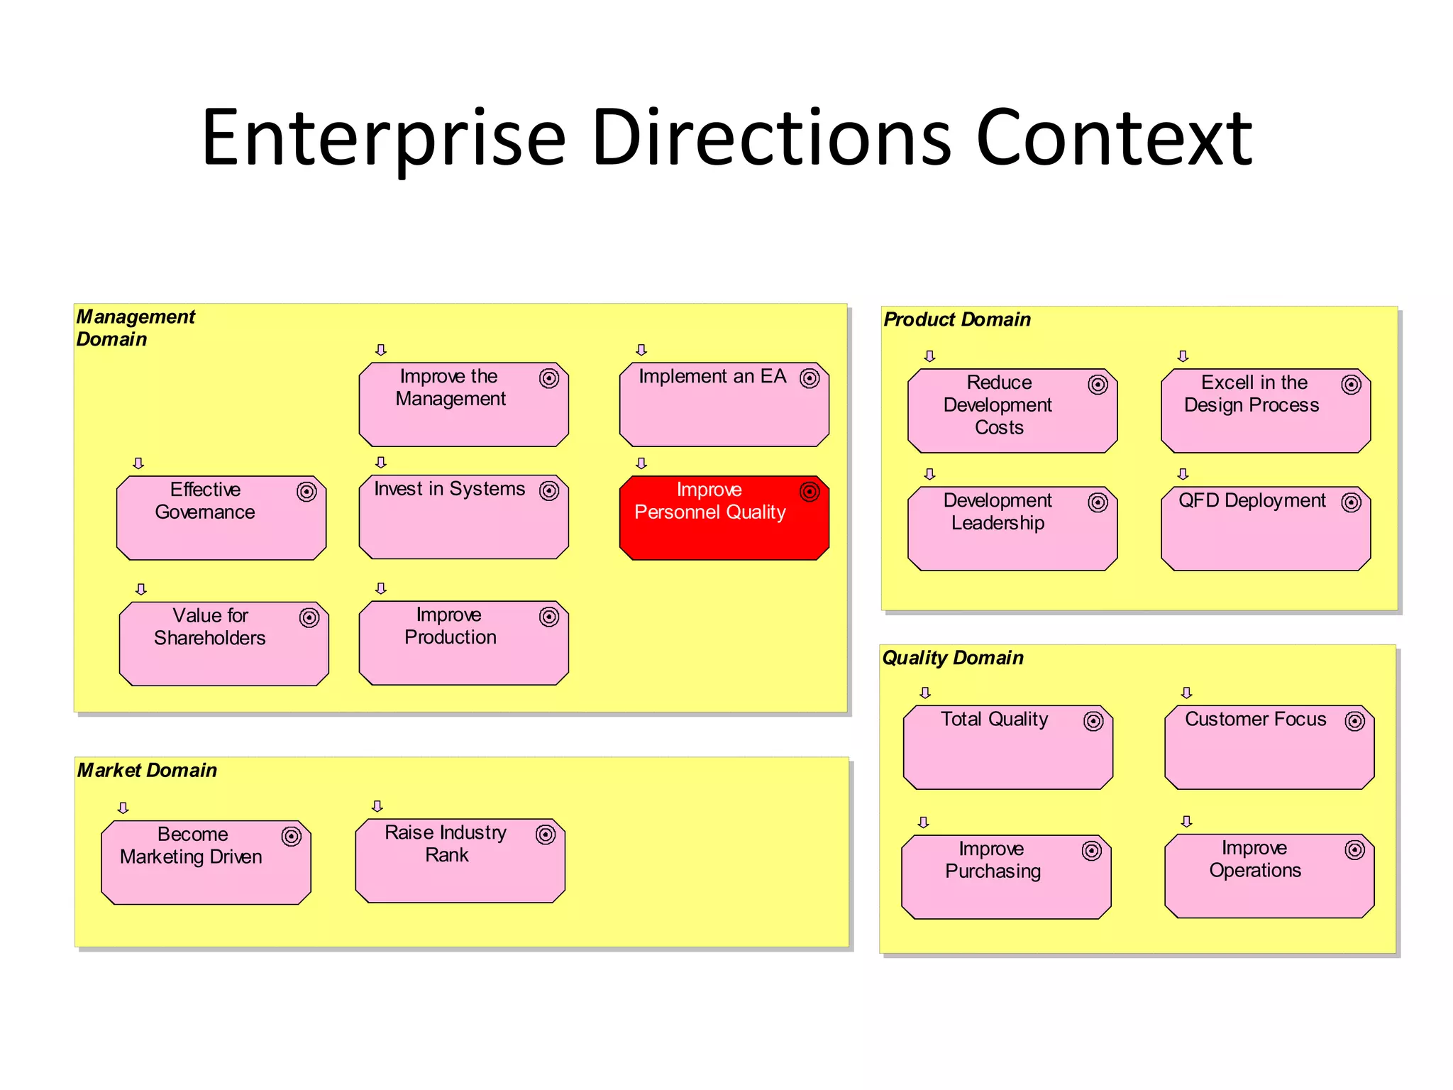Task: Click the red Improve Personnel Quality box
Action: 724,518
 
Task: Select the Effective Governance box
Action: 221,518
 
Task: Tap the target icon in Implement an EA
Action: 810,378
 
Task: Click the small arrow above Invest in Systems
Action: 381,463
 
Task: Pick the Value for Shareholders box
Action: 223,644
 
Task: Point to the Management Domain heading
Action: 135,328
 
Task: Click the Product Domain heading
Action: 957,320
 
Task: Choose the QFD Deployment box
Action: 1266,529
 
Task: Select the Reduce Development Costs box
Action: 1012,411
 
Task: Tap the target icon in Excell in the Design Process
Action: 1351,385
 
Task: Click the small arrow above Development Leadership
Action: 929,474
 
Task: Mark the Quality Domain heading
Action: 953,658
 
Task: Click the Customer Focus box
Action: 1269,747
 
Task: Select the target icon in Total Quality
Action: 1093,722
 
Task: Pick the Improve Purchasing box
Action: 1006,877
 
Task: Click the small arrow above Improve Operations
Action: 1186,822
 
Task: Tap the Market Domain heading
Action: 147,771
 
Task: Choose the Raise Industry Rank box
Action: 460,861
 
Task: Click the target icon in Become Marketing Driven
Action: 291,837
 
